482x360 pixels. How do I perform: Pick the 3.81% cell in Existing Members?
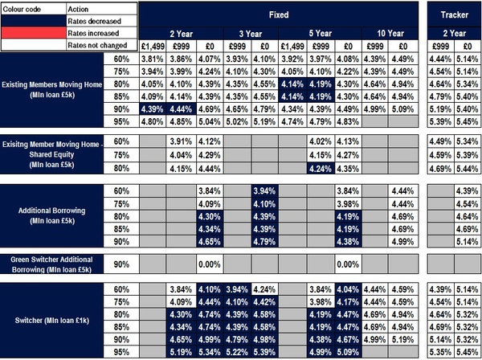coord(153,59)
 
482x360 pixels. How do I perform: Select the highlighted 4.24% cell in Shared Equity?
coord(321,169)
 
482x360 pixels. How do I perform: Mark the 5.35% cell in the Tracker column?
coord(441,352)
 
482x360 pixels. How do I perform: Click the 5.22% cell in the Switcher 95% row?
coord(237,352)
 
